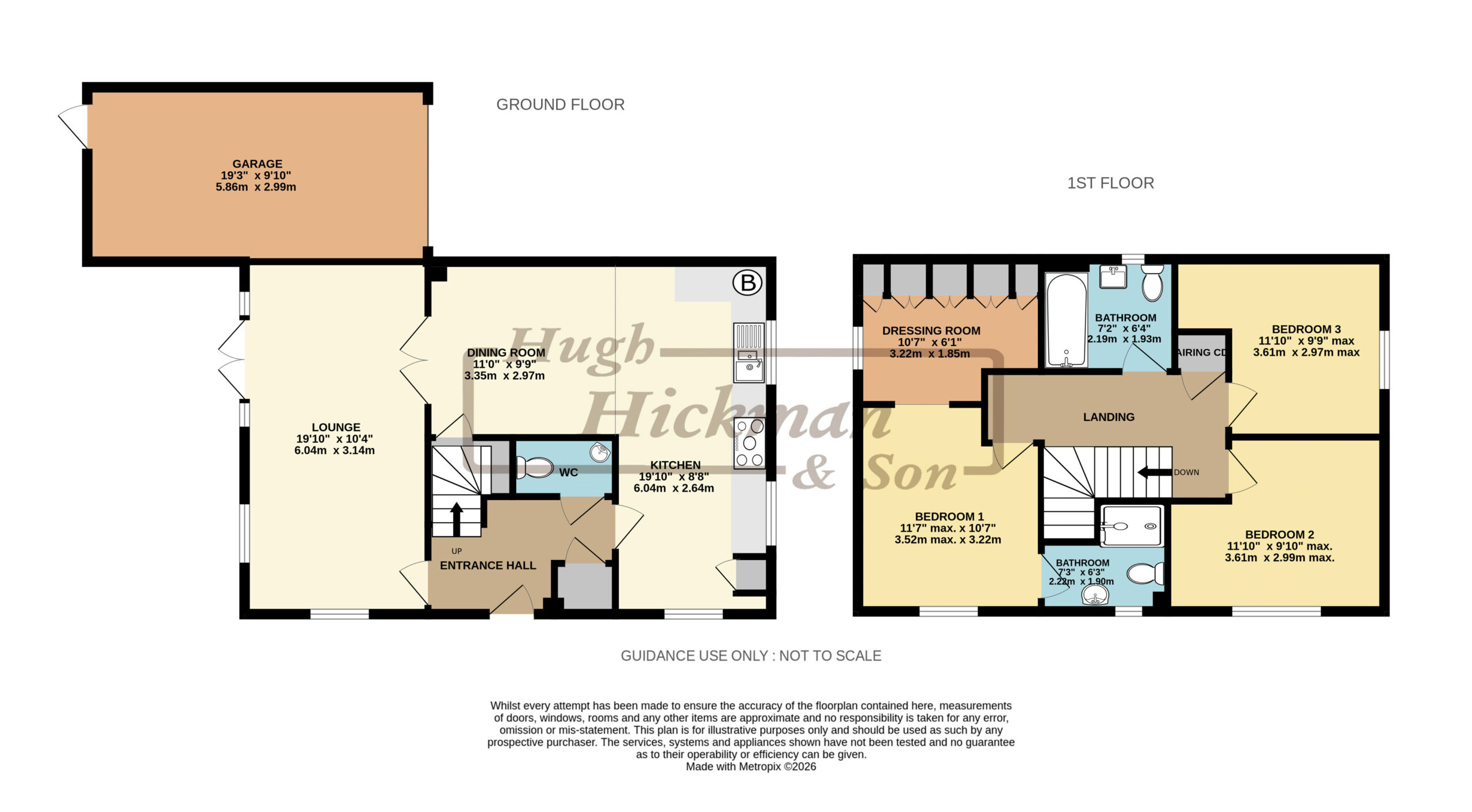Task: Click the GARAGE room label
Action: click(x=257, y=164)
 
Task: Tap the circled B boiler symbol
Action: click(x=747, y=282)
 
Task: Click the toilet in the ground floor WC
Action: click(x=534, y=467)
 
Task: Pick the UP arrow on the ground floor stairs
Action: click(x=457, y=519)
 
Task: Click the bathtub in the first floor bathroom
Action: click(x=1066, y=320)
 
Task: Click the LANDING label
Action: click(x=1109, y=417)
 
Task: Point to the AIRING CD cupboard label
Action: click(x=1201, y=353)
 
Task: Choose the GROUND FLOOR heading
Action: click(x=560, y=105)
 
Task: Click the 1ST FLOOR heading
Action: click(x=1110, y=183)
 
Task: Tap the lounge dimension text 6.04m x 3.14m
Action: click(x=335, y=450)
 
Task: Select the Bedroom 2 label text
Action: click(x=1279, y=534)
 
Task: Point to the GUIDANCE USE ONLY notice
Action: click(x=751, y=656)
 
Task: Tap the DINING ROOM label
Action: click(x=506, y=353)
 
